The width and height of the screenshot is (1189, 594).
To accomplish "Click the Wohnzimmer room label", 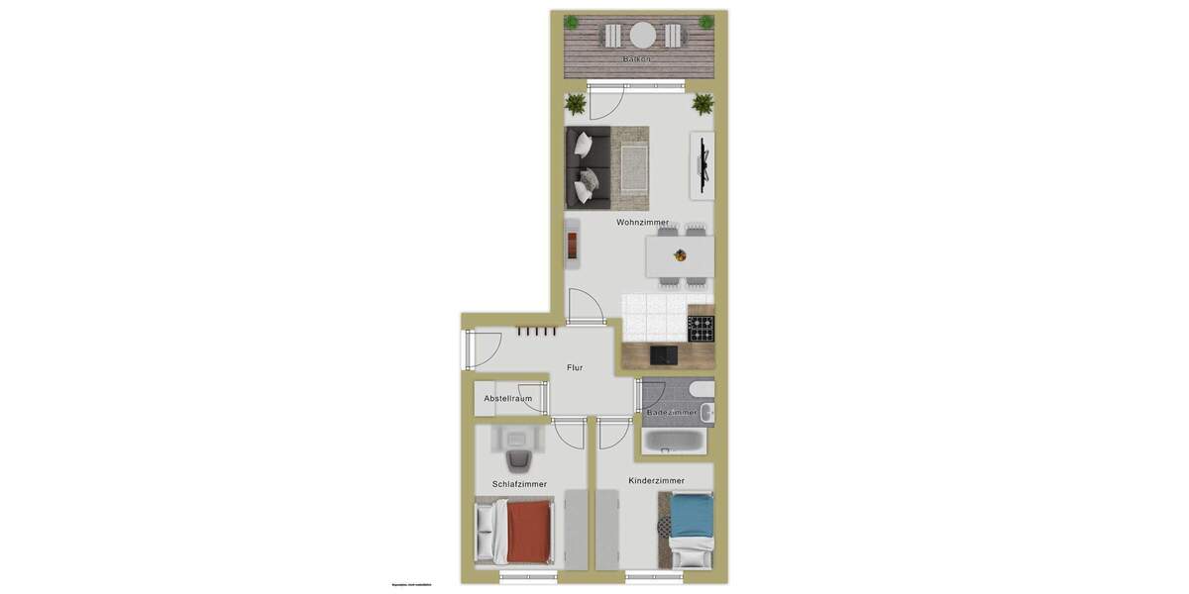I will coord(642,223).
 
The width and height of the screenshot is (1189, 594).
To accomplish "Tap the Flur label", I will coord(575,367).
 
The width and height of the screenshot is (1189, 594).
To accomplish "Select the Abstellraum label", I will coord(507,399).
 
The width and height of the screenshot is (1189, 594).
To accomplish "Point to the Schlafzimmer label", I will coord(519,484).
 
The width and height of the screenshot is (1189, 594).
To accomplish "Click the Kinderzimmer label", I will coord(656,481).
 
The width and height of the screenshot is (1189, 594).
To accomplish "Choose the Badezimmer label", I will coord(678,412).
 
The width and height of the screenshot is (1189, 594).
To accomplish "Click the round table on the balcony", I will coord(644,36).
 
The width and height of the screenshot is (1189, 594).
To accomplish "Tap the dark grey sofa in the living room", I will coord(587,168).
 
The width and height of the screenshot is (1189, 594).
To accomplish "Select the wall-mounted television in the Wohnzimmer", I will coord(703,165).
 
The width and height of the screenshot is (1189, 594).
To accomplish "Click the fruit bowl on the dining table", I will coord(681,255).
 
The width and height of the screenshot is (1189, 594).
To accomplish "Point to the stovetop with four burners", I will coord(702,328).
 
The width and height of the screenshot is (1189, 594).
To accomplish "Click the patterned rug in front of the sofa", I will coord(630,162).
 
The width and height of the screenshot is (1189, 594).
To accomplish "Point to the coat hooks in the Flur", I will coord(535,332).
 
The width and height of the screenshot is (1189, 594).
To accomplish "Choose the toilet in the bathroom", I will coord(702,389).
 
